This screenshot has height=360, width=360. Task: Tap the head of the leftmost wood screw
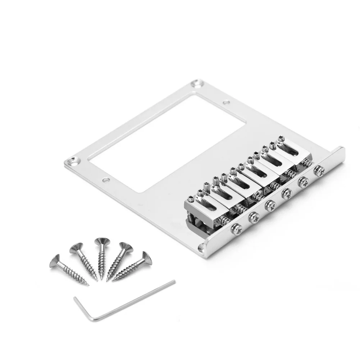[x=55, y=260]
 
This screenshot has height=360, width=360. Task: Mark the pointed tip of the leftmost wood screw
[x=88, y=285]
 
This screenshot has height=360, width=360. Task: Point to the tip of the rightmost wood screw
[x=113, y=280]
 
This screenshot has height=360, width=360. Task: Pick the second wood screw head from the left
[x=76, y=248]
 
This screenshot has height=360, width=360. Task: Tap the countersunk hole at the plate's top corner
[x=197, y=85]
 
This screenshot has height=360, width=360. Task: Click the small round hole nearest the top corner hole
[x=226, y=103]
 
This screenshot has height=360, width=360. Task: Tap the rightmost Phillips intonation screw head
[x=318, y=171]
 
